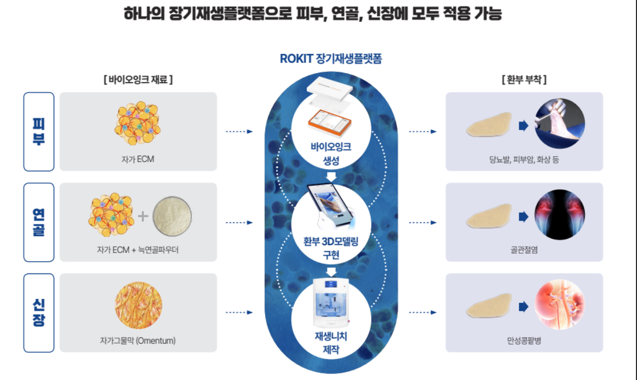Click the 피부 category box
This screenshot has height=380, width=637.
[39, 132]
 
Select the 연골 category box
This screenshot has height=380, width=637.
[39, 222]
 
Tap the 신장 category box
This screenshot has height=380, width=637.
[39, 313]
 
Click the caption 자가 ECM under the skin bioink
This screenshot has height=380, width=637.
[137, 159]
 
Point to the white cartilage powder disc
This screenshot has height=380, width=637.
[172, 216]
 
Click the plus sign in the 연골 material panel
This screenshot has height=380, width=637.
[143, 216]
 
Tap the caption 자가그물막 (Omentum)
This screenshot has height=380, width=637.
[137, 340]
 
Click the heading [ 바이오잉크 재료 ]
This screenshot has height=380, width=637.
[138, 80]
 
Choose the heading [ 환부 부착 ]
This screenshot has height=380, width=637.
[524, 80]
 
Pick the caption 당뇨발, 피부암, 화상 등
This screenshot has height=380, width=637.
[524, 159]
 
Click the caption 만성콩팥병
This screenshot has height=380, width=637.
[524, 340]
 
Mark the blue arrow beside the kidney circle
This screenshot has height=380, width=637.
[523, 306]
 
